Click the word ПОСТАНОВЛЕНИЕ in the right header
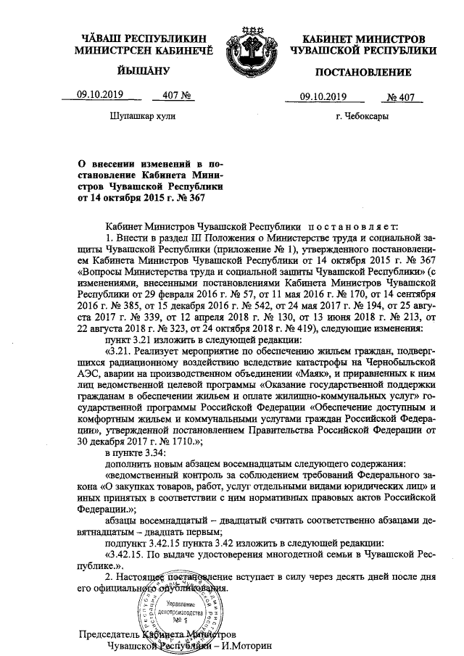[363, 72]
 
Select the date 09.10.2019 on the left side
[101, 94]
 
